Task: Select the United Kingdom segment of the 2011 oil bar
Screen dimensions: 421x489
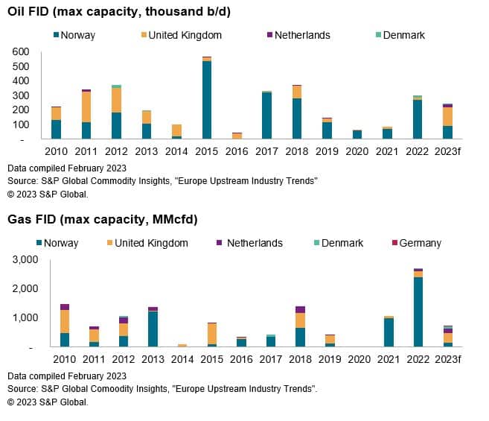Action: [x=86, y=107]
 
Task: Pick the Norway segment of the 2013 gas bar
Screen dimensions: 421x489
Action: [x=153, y=329]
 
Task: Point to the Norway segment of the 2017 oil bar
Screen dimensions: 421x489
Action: [x=266, y=115]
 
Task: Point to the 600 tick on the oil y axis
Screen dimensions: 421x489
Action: [x=21, y=51]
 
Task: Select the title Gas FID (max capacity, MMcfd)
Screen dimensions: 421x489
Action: [x=102, y=219]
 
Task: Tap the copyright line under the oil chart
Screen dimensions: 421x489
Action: [x=48, y=194]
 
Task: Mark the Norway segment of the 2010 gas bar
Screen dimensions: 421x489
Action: [x=65, y=340]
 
